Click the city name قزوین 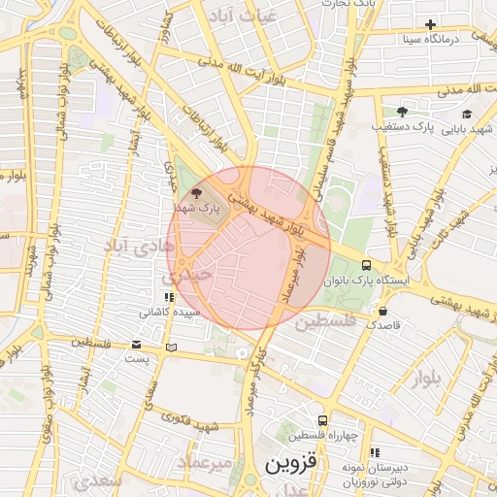click(x=291, y=464)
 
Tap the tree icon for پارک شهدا click(x=198, y=193)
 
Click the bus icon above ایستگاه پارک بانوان click(x=366, y=265)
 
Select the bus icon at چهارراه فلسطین click(x=322, y=420)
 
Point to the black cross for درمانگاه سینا click(x=431, y=24)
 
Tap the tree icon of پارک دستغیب click(x=402, y=112)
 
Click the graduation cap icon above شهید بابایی click(x=466, y=114)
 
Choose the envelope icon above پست click(x=136, y=346)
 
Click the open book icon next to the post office click(x=171, y=347)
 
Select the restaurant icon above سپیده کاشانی click(x=168, y=298)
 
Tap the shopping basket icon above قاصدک click(x=383, y=312)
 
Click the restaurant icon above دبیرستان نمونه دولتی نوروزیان click(x=375, y=453)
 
